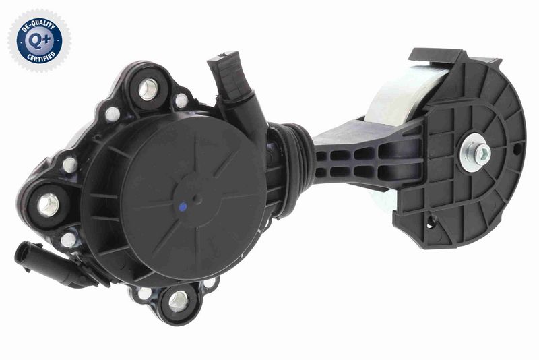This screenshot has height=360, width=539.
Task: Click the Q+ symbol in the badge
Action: tap(40, 41)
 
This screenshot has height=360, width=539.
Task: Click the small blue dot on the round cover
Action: tap(183, 207)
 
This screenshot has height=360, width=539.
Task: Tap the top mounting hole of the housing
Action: tap(148, 89)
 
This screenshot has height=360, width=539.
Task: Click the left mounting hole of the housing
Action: tap(48, 205)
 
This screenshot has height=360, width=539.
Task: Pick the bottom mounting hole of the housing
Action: tap(179, 301)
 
